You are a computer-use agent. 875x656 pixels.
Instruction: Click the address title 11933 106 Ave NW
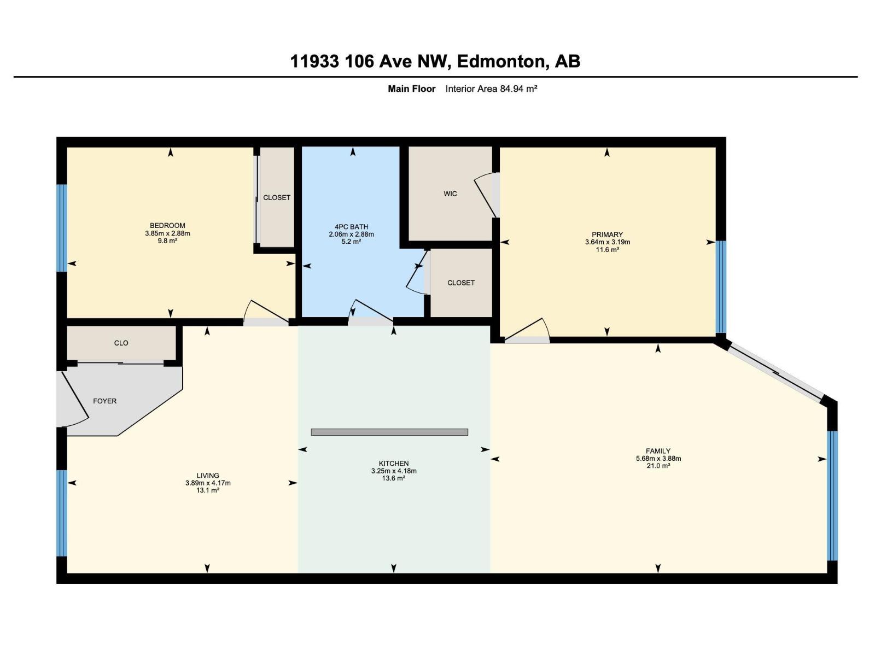point(370,61)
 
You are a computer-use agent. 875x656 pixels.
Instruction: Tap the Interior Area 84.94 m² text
point(491,89)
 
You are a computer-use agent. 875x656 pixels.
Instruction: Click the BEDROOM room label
point(167,225)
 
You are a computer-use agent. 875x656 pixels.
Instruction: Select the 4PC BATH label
point(351,227)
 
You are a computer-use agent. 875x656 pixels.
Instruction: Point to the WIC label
point(450,194)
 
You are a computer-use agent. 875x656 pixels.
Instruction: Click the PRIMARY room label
point(607,235)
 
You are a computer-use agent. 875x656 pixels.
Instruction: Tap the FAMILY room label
point(658,451)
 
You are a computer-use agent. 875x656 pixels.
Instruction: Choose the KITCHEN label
point(393,463)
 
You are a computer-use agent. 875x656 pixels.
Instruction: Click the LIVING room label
point(208,475)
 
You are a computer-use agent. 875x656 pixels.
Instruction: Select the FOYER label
point(105,401)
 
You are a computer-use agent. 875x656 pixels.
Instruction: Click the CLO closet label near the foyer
point(121,343)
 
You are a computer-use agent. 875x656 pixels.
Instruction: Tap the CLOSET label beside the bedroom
point(277,197)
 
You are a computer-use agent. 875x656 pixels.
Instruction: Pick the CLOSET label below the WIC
point(461,283)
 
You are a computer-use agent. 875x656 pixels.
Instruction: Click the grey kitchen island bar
point(389,432)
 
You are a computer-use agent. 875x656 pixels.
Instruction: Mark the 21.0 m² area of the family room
point(658,466)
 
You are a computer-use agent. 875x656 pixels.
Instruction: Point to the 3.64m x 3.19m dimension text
point(608,242)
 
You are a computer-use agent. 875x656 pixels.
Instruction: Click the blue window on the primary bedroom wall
point(721,287)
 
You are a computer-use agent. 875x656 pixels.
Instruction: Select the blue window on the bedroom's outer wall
point(62,228)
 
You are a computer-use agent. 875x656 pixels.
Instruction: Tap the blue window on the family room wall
point(832,496)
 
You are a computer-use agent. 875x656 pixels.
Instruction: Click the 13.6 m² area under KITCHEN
point(393,478)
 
